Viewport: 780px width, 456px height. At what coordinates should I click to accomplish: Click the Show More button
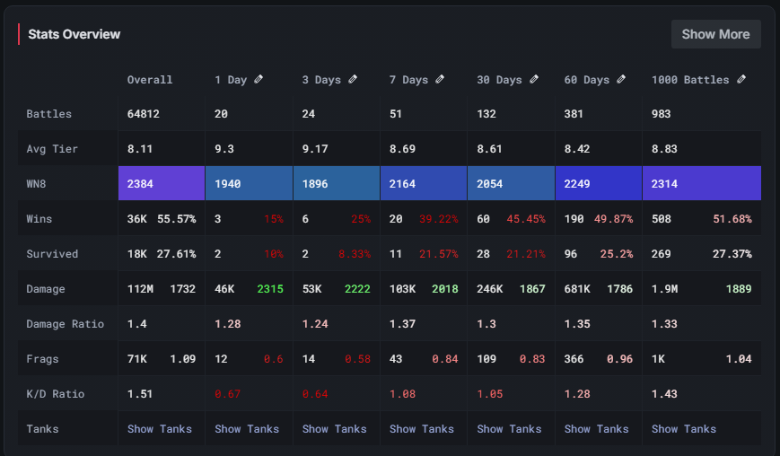click(715, 34)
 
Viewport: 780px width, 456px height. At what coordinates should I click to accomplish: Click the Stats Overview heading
click(74, 34)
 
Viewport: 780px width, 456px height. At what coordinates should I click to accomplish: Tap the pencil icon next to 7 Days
click(440, 79)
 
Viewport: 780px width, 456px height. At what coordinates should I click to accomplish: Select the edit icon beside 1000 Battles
click(741, 79)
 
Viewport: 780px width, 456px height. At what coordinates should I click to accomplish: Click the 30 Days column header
click(499, 80)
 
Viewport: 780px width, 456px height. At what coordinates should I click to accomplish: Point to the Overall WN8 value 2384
click(141, 183)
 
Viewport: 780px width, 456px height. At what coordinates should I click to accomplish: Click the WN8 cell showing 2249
click(579, 183)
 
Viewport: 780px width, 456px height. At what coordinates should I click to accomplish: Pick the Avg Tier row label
click(52, 149)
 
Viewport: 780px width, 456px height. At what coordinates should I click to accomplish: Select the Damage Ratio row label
click(65, 323)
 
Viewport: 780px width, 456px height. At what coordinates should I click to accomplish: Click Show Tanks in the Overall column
click(160, 428)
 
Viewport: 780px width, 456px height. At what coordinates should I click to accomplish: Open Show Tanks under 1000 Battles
click(684, 428)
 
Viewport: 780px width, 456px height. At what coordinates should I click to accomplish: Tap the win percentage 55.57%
click(176, 218)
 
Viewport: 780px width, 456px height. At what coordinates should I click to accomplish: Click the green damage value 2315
click(270, 288)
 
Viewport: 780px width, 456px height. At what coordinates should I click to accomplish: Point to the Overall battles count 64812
click(145, 114)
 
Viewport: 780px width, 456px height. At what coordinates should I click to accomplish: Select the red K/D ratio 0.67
click(229, 393)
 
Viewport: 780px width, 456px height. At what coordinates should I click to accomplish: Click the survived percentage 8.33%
click(355, 254)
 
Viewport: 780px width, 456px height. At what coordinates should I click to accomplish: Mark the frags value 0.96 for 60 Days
click(618, 358)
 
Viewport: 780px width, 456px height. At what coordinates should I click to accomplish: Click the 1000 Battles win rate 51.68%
click(732, 218)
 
